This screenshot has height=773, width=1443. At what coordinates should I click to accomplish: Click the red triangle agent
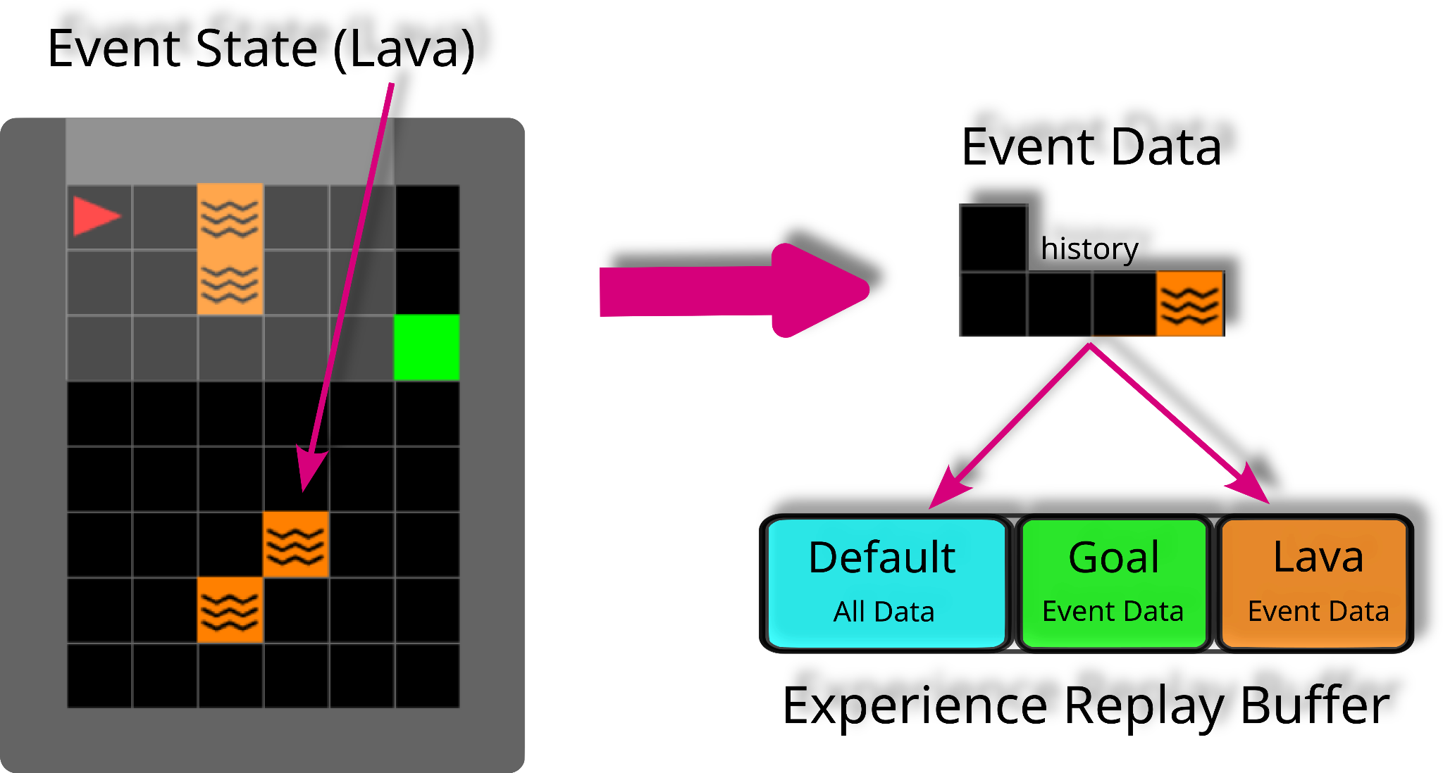(96, 215)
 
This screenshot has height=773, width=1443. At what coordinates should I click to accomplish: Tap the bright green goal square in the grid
(427, 348)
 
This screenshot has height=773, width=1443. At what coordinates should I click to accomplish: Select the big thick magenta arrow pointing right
(733, 291)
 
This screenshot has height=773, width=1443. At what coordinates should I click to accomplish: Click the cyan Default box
(886, 583)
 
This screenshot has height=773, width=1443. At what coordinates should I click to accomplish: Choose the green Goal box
(1113, 583)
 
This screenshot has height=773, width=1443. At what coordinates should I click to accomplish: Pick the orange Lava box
(1313, 583)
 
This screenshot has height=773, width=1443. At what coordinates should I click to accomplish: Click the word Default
(882, 558)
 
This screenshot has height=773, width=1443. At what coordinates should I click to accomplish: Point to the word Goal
(1113, 558)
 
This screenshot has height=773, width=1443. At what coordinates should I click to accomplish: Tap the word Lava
(1318, 557)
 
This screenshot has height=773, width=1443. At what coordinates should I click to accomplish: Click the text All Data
(884, 612)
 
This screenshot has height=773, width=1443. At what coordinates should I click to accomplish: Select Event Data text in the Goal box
(1113, 611)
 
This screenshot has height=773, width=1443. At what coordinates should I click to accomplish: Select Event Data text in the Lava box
(1318, 611)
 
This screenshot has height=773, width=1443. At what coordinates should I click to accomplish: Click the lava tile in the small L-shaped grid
(1189, 303)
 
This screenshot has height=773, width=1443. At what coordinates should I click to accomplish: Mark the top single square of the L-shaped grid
(993, 237)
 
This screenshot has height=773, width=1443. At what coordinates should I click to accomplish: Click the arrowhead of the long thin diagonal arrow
(310, 468)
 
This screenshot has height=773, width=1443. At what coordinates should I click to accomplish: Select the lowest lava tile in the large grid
(230, 610)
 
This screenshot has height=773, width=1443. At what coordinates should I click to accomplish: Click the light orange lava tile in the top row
(230, 217)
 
